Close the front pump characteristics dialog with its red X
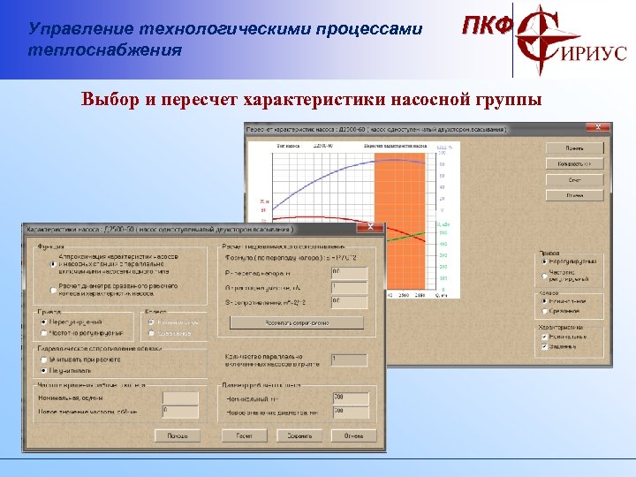pyautogui.click(x=375, y=228)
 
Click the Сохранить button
pyautogui.click(x=299, y=435)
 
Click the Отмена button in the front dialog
pyautogui.click(x=353, y=435)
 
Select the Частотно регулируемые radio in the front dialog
pyautogui.click(x=44, y=333)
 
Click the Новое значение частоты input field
pyautogui.click(x=180, y=413)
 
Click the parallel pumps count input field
pyautogui.click(x=349, y=360)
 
